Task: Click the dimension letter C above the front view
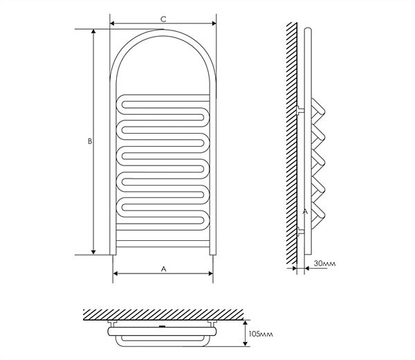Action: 163,19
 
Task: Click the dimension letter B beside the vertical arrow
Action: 90,141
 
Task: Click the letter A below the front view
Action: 163,269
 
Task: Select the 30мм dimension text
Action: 325,264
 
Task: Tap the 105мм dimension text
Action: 261,334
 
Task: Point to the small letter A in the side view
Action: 305,211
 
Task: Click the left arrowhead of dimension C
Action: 112,24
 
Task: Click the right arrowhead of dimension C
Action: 214,24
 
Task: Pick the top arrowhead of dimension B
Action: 93,32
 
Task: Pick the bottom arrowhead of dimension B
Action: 93,252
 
